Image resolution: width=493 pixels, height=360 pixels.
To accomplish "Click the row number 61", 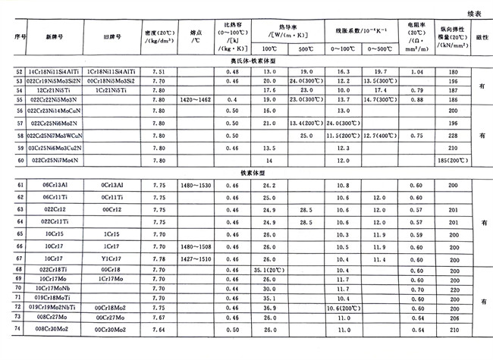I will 20,185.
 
